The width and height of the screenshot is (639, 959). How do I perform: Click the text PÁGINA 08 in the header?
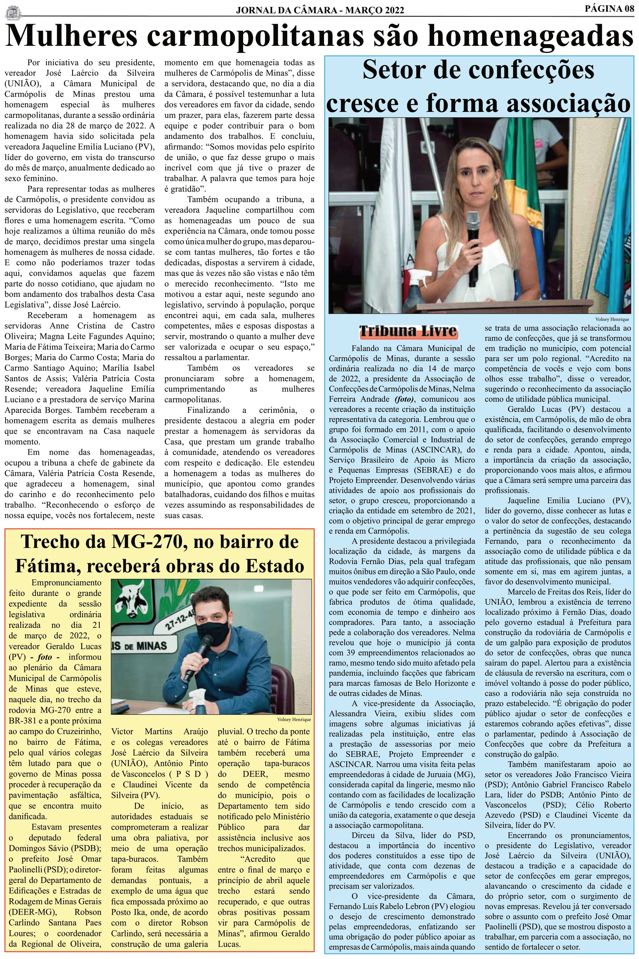coord(609,9)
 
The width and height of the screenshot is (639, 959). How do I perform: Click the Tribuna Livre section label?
coord(408,332)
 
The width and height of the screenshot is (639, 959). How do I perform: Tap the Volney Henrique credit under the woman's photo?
coord(612,319)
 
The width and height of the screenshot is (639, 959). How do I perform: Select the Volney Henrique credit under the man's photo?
coord(294,719)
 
